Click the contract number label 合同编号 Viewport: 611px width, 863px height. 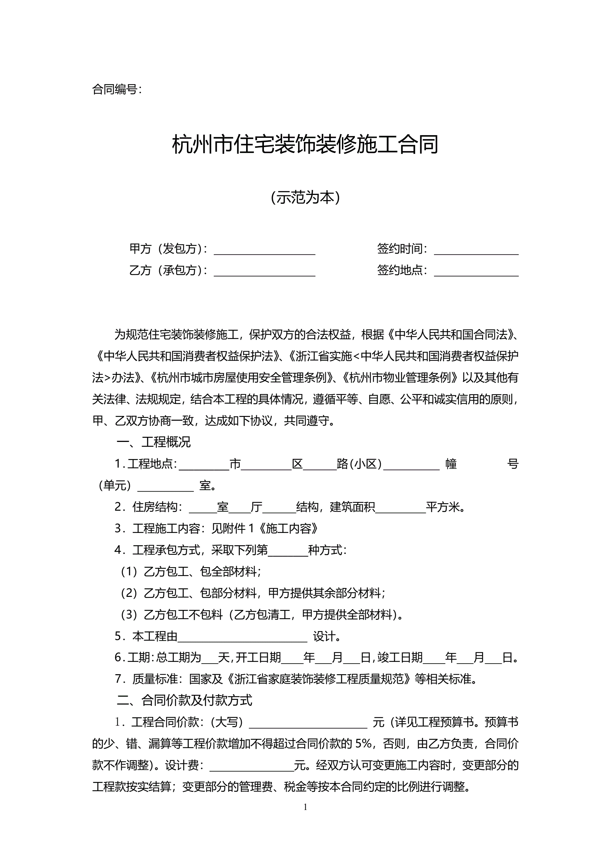(117, 90)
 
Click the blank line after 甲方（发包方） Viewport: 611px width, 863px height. (265, 249)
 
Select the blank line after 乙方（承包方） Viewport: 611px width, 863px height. (265, 271)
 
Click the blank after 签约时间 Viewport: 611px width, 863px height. (476, 249)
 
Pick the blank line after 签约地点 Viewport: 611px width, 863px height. (476, 271)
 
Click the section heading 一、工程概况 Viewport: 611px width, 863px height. (154, 442)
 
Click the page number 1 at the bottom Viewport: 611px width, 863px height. (305, 807)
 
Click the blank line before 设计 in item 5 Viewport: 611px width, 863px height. (243, 637)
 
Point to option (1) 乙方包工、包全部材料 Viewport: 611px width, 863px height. (191, 572)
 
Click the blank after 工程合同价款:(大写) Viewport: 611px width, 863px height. (308, 722)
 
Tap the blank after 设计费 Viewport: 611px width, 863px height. (251, 765)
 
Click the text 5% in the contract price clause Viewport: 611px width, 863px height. (363, 744)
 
